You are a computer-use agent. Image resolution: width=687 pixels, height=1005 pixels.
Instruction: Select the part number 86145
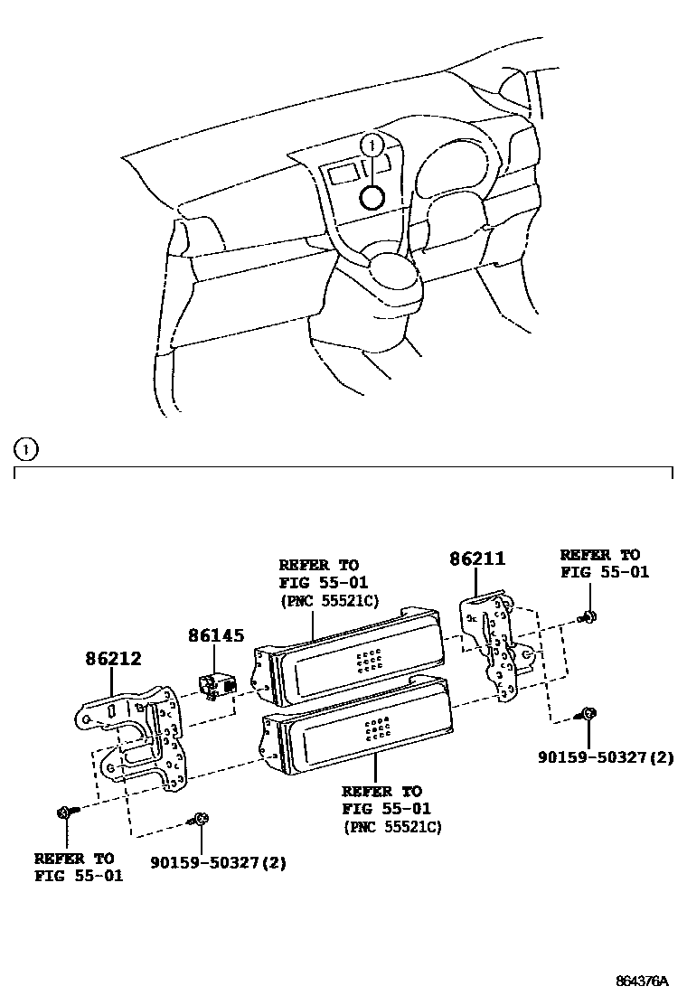coord(216,637)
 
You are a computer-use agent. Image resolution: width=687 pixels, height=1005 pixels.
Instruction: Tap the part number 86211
coord(477,559)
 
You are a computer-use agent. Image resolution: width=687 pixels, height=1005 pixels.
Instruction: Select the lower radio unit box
coord(357,728)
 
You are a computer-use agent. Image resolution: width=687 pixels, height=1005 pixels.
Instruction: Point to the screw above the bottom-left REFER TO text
coord(65,812)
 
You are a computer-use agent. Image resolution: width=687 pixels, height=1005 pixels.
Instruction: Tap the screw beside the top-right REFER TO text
coord(588,615)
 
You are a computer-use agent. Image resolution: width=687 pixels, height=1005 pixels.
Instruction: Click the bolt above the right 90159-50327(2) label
coord(588,714)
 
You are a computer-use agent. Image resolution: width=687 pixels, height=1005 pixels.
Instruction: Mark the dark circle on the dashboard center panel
coord(372,198)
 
